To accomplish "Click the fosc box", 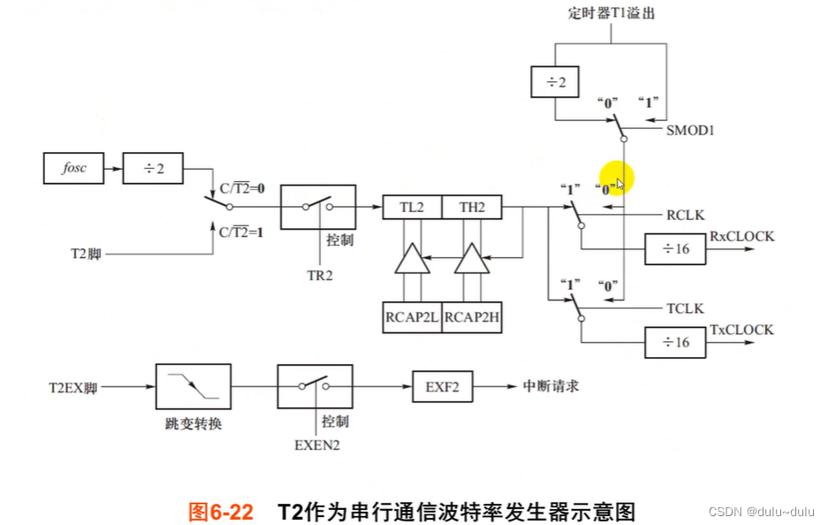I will point(74,167).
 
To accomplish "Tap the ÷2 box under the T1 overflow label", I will point(553,82).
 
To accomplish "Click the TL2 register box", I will point(412,208).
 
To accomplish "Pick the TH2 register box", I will point(471,208).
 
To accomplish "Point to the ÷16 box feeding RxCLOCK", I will point(677,250).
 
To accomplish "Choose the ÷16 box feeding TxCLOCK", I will point(677,342).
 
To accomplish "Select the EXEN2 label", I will point(316,445).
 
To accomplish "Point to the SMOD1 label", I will point(691,130).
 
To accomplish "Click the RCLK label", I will point(686,215).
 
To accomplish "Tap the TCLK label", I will point(686,308).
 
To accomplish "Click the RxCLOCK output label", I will point(742,237).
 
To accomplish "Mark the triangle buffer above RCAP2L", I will point(412,261).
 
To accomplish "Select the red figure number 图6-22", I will point(221,512).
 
